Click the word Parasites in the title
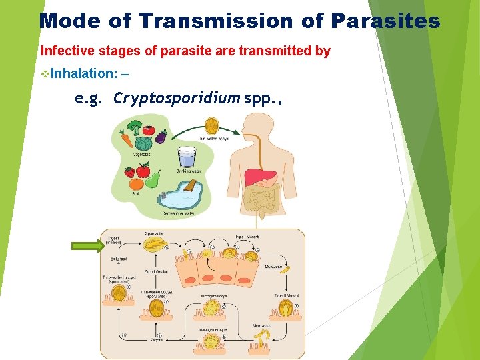[x=385, y=21]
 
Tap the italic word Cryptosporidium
[x=176, y=99]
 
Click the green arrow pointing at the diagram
[x=87, y=246]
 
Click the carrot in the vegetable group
[x=126, y=138]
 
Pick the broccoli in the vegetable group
[x=135, y=127]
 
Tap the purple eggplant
[x=161, y=136]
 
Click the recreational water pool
[x=178, y=198]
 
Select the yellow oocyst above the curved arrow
[x=212, y=125]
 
